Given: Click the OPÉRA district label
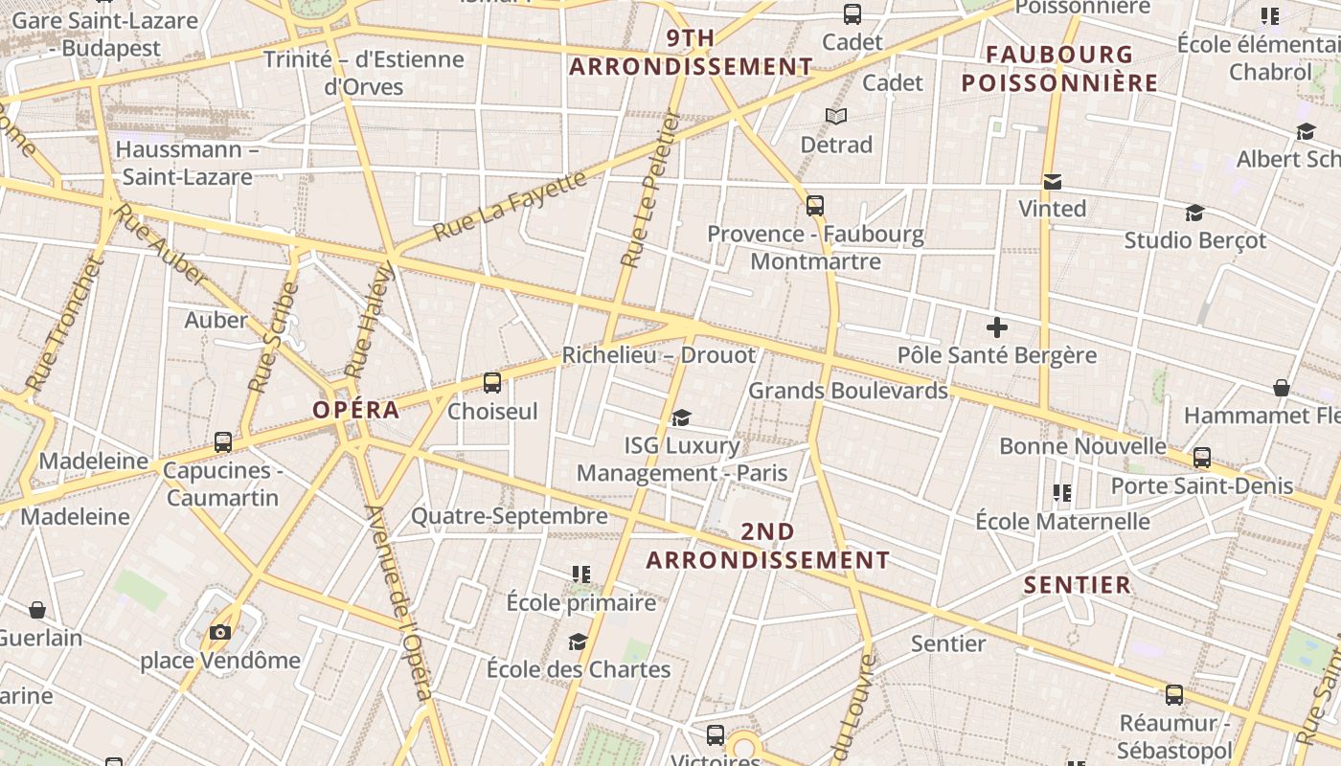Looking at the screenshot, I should pyautogui.click(x=355, y=410).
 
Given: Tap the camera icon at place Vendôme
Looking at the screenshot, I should pyautogui.click(x=220, y=632).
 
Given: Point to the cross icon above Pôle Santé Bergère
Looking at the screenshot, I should pyautogui.click(x=997, y=328).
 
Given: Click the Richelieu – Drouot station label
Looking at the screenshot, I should pyautogui.click(x=658, y=355).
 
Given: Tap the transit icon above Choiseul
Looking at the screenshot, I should pyautogui.click(x=492, y=383).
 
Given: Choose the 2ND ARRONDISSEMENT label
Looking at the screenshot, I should pyautogui.click(x=768, y=546).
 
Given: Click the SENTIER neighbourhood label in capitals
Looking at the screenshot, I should pyautogui.click(x=1078, y=585).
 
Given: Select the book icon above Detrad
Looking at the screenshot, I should pyautogui.click(x=836, y=116).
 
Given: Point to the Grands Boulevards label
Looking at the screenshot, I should pyautogui.click(x=848, y=391).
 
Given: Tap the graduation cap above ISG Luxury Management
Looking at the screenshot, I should pyautogui.click(x=681, y=417).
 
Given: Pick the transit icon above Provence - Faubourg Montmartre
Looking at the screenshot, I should pyautogui.click(x=815, y=205).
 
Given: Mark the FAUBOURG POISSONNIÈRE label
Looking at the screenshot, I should pyautogui.click(x=1059, y=68).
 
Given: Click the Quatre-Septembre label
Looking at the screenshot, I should pyautogui.click(x=510, y=516).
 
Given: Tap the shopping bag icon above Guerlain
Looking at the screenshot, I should pyautogui.click(x=37, y=610).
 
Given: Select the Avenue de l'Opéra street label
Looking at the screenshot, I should pyautogui.click(x=399, y=603).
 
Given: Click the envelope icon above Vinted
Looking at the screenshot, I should pyautogui.click(x=1053, y=182).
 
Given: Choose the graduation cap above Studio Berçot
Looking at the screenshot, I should pyautogui.click(x=1194, y=213).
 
